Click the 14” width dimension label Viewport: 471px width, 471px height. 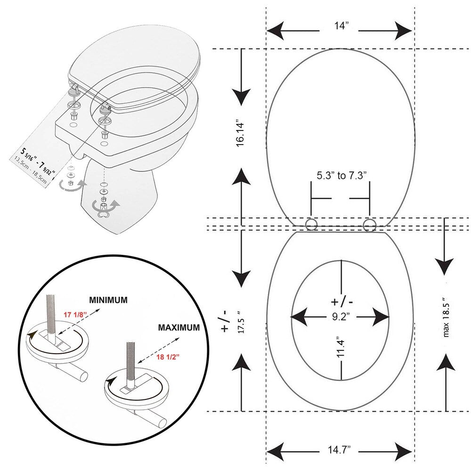(340, 26)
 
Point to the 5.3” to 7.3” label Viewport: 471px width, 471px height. (341, 175)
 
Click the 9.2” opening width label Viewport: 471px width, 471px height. (340, 316)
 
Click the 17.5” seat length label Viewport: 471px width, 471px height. (242, 322)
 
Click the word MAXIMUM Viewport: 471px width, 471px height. (179, 327)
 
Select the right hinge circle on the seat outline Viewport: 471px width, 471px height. (369, 224)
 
